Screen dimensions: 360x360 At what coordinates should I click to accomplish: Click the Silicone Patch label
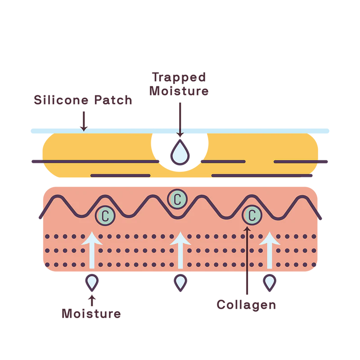[82, 100]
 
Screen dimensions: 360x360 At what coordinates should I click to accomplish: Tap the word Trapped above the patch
[179, 77]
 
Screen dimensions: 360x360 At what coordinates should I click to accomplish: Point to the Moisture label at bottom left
[92, 313]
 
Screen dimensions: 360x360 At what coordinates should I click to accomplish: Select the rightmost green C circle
[252, 215]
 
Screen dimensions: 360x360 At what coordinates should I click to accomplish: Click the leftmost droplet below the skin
[92, 282]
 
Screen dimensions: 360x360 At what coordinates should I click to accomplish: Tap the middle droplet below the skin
[180, 282]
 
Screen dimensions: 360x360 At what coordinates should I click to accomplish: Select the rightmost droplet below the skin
[269, 282]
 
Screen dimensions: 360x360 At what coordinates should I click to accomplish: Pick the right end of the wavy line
[320, 218]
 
